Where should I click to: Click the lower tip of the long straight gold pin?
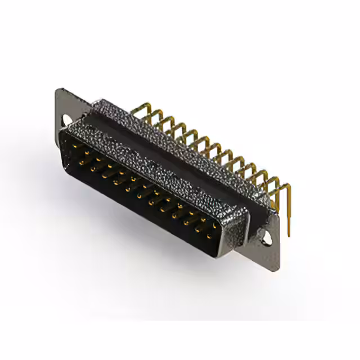(289, 235)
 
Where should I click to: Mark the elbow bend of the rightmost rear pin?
(277, 186)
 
